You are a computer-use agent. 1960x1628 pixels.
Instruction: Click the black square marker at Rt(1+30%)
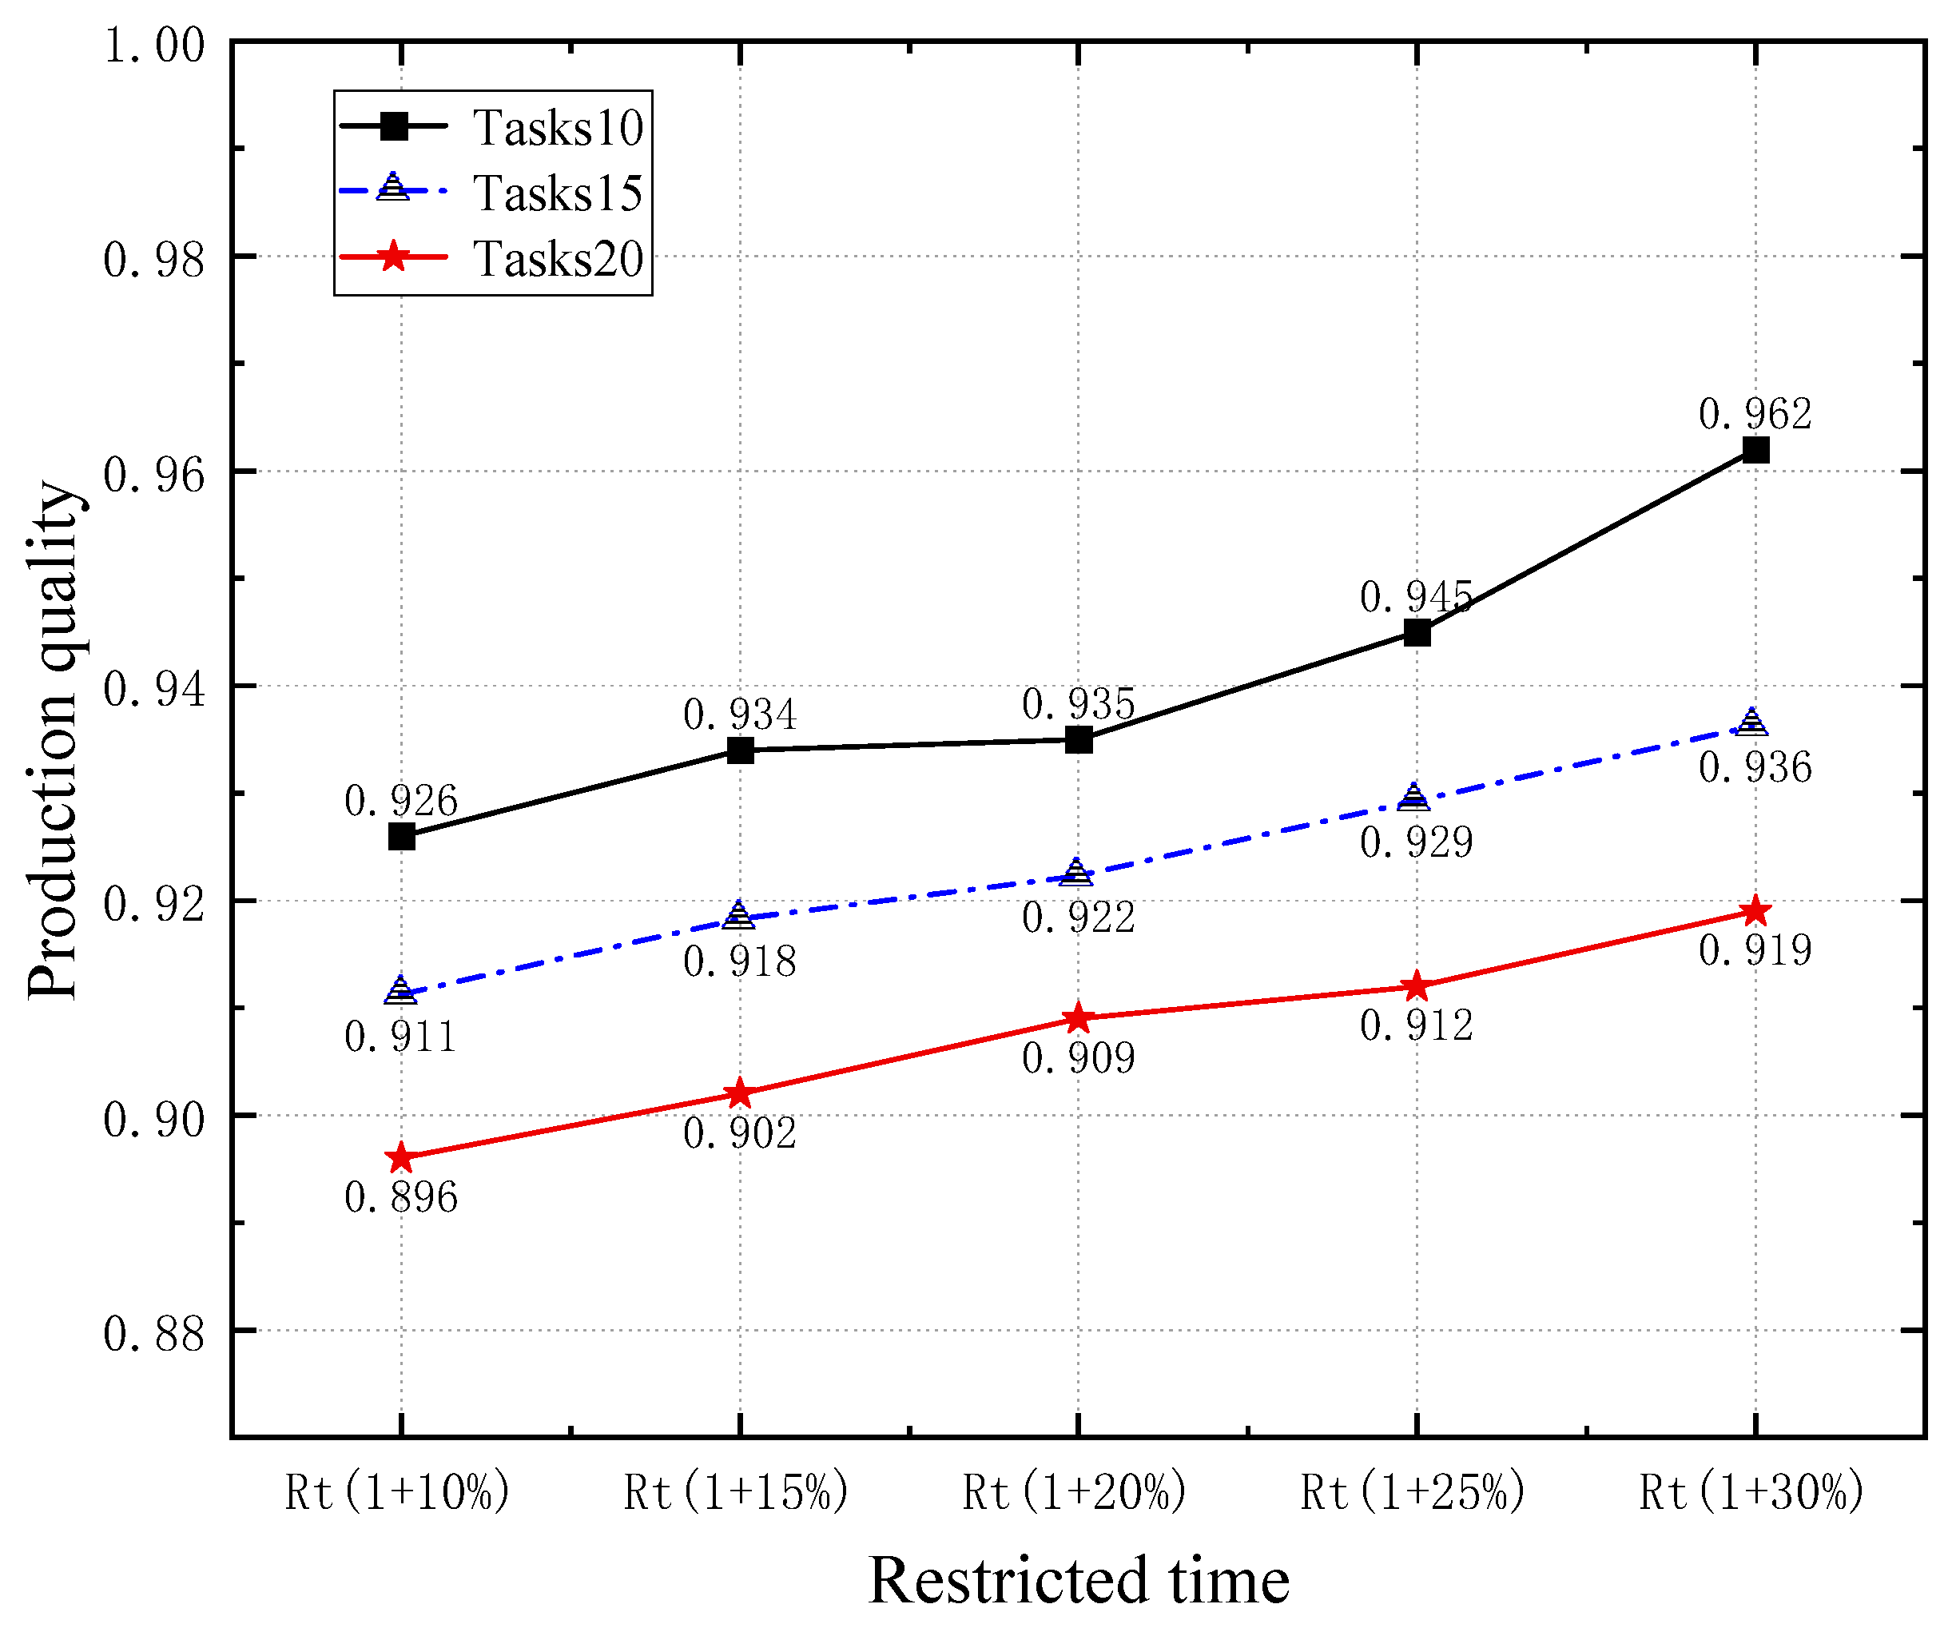(1755, 450)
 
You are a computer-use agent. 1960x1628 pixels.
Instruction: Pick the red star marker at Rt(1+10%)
(401, 1157)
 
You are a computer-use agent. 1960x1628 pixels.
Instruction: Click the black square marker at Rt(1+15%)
(740, 750)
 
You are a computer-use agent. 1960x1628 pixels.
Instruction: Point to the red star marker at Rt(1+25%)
(1416, 985)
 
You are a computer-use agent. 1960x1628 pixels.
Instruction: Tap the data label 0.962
(1755, 413)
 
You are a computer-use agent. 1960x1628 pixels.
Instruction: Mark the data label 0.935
(1078, 704)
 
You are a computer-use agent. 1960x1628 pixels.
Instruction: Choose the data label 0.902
(740, 1133)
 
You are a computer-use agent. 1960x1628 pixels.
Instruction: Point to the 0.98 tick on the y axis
(153, 259)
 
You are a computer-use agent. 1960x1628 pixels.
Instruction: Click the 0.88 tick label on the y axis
(153, 1333)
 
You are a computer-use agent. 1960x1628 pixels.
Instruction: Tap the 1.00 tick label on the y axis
(153, 45)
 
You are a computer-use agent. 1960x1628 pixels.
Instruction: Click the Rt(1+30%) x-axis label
(1751, 1491)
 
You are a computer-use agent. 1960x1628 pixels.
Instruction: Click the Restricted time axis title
(1078, 1580)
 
